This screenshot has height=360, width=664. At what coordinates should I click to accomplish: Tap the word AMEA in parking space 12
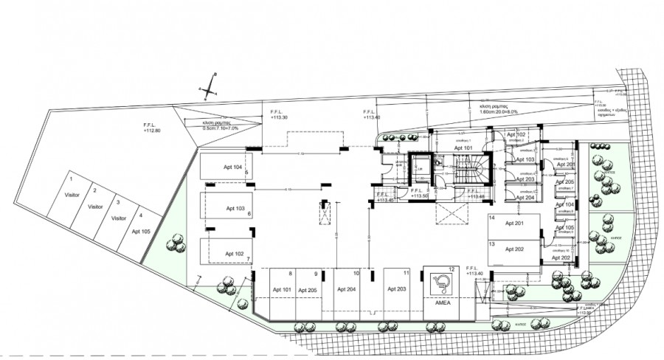[x=443, y=303]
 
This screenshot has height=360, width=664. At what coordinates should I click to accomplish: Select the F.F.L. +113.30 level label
[x=279, y=116]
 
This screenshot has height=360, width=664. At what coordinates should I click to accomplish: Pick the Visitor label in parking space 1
[x=72, y=195]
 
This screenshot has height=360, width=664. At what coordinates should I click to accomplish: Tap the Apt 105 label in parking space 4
[x=141, y=231]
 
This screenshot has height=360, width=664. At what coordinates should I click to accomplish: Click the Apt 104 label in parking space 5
[x=233, y=167]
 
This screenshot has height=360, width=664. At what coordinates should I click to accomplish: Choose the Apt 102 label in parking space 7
[x=234, y=253]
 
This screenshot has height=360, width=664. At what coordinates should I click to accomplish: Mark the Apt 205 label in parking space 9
[x=308, y=290]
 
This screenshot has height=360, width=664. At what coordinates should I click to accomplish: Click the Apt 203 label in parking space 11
[x=397, y=290]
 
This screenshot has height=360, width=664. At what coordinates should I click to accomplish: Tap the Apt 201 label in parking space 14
[x=514, y=224]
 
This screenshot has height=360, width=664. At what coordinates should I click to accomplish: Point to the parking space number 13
[x=492, y=243]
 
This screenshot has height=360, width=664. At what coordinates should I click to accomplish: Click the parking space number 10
[x=356, y=273]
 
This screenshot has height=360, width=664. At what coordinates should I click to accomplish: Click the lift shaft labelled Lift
[x=421, y=167]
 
